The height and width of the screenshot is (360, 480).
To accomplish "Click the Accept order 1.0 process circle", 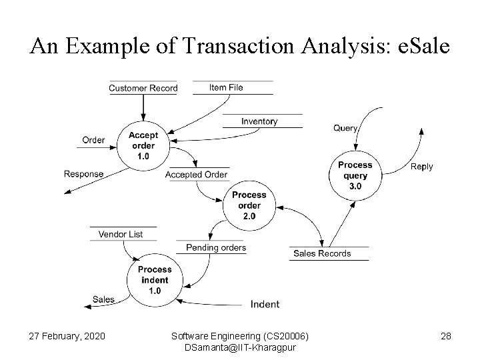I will click(143, 146).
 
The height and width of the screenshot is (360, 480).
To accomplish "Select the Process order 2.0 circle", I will click(249, 205).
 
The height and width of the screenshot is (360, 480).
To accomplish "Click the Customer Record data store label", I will click(143, 88).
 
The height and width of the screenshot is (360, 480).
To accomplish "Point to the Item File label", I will click(226, 87).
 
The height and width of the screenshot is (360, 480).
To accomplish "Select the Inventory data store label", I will click(259, 121).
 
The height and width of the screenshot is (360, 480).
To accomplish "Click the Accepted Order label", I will click(196, 175).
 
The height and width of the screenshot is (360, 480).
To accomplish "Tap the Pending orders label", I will click(216, 248).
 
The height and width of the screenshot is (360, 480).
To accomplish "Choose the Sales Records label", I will click(322, 253).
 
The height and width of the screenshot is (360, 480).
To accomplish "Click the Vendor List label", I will click(121, 234).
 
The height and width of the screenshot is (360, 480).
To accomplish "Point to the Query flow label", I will click(345, 127).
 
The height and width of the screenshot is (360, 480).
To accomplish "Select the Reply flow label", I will click(421, 167).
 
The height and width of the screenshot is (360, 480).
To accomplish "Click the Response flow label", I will click(84, 174).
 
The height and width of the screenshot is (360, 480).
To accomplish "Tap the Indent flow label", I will click(265, 305).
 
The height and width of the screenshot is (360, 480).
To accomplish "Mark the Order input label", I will click(93, 140).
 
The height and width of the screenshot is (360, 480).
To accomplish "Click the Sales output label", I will click(103, 299).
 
